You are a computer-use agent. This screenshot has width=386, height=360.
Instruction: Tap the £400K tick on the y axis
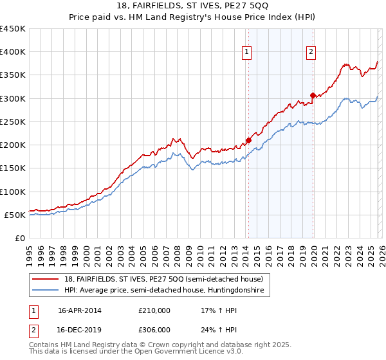pyautogui.click(x=13, y=52)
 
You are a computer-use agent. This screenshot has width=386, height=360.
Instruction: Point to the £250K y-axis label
pyautogui.click(x=13, y=122)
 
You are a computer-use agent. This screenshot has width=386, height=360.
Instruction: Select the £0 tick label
pyautogui.click(x=19, y=238)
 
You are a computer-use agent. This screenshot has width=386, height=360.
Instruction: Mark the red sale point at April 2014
pyautogui.click(x=248, y=141)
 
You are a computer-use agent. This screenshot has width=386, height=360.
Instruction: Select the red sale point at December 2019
pyautogui.click(x=313, y=96)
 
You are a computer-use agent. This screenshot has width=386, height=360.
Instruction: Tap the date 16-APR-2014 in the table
pyautogui.click(x=80, y=310)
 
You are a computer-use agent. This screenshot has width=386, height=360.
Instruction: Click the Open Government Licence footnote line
pyautogui.click(x=136, y=352)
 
